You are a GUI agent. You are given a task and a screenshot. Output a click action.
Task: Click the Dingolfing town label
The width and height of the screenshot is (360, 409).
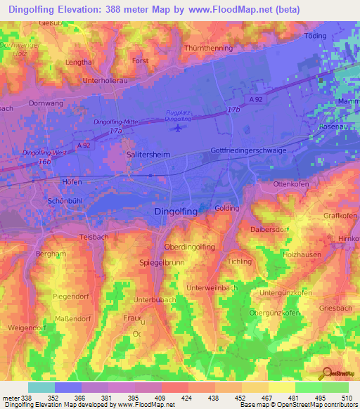coord(176,211)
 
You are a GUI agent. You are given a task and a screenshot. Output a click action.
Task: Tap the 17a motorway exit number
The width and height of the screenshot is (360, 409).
coord(115,131)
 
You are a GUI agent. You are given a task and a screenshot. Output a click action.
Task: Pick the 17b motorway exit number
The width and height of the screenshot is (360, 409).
coord(233,110)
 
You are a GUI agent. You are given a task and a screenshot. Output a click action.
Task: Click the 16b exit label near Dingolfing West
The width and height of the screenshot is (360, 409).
coord(45,161)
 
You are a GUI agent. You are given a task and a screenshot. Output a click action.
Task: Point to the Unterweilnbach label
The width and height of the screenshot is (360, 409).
coord(211,288)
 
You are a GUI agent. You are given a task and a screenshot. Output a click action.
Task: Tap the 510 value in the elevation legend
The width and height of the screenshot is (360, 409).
coord(346,397)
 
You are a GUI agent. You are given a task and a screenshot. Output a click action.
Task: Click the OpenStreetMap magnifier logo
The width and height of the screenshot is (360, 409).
coord(327,373)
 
